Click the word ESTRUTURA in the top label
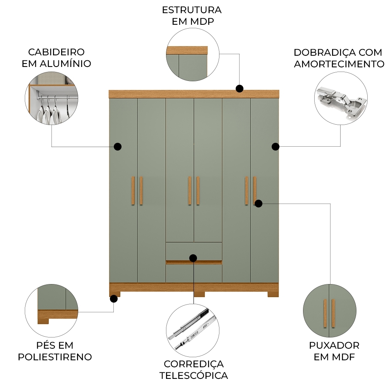coord(192,10)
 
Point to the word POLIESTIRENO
coord(55,357)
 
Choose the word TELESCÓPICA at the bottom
coord(193,375)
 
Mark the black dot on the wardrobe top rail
coord(240,89)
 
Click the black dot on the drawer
coord(193,258)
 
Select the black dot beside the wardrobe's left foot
coord(114,299)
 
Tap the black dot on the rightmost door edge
coord(275,146)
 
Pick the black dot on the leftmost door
coord(118,146)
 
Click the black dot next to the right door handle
coord(259,203)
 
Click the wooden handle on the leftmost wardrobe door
coord(132,190)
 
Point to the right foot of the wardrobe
coord(273,294)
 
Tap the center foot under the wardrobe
coord(199,294)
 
